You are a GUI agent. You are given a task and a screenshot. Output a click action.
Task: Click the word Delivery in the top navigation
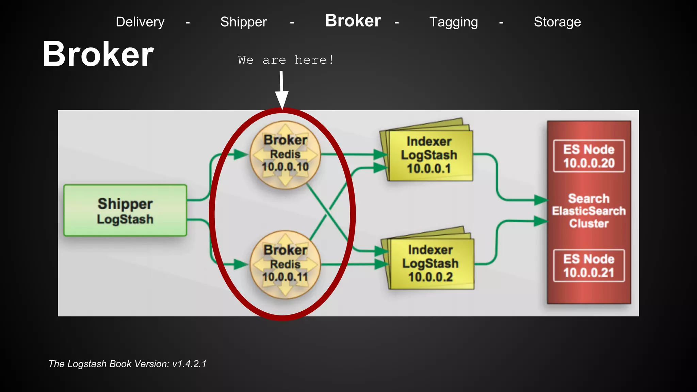tap(140, 22)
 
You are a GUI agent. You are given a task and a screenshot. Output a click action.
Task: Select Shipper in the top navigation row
tap(243, 22)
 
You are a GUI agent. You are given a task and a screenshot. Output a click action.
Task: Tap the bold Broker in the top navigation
tap(353, 21)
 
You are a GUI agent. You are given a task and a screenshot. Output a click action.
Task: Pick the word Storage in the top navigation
tap(557, 22)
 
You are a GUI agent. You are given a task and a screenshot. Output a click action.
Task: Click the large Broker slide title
tap(98, 54)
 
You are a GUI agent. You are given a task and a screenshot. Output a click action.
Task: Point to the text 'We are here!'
tap(286, 60)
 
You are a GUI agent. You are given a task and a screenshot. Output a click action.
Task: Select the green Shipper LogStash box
tap(125, 211)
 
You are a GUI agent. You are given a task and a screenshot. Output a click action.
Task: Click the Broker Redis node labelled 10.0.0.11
tap(285, 264)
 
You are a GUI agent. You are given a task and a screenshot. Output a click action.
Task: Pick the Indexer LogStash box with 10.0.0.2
tap(431, 264)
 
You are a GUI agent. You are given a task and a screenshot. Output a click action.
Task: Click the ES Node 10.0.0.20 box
tap(589, 156)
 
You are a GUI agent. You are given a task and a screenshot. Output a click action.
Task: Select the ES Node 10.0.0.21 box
tap(589, 266)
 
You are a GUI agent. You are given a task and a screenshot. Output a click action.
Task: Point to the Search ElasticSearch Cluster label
tap(589, 211)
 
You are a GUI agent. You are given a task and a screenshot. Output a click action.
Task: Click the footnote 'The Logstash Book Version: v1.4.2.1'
tap(127, 364)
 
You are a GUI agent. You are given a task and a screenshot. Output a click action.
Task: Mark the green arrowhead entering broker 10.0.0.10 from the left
tap(241, 154)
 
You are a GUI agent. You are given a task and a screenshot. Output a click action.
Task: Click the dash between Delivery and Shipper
tap(188, 23)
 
